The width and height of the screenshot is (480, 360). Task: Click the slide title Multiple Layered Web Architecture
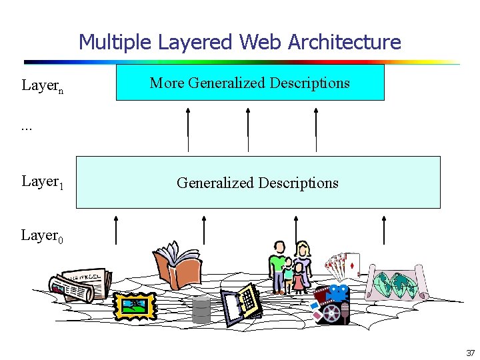click(x=240, y=42)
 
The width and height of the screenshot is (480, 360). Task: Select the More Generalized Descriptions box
click(x=250, y=83)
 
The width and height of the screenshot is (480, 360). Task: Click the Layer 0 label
click(x=42, y=235)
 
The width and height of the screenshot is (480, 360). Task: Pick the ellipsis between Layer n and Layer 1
click(x=27, y=127)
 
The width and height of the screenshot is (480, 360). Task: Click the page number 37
click(x=470, y=353)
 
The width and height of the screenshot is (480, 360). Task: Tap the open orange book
click(x=177, y=266)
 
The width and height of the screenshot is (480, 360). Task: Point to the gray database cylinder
click(x=201, y=310)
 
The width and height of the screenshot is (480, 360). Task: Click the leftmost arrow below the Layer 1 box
click(x=117, y=229)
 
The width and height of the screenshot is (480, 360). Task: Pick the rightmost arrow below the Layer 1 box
click(x=384, y=229)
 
